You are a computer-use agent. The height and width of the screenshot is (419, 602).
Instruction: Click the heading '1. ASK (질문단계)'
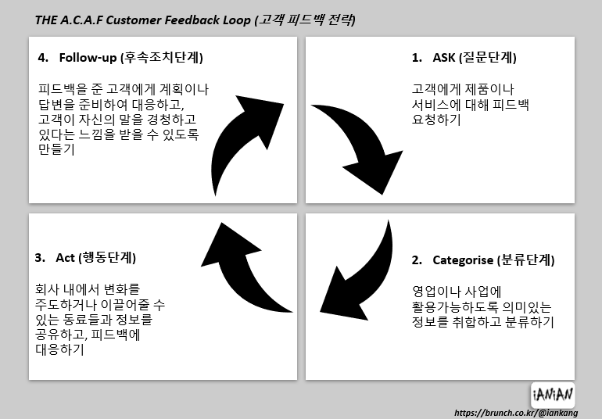464,58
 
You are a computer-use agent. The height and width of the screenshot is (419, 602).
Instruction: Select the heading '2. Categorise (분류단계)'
482,260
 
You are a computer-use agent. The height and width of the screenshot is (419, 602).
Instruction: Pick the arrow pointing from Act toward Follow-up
242,270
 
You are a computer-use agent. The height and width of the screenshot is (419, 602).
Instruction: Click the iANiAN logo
552,393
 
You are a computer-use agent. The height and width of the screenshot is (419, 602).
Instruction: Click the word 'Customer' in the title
139,20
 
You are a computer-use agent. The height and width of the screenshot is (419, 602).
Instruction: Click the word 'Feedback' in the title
195,20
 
